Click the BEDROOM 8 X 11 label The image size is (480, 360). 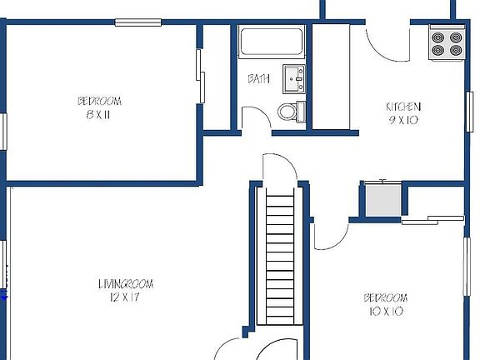pos(99,107)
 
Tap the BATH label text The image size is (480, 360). pos(258,78)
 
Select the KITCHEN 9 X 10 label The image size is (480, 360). pos(402,112)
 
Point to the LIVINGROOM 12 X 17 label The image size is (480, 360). pos(125,290)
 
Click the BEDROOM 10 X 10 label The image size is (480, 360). pos(384,304)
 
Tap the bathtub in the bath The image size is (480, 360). pos(271,42)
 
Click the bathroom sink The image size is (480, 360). pos(293,78)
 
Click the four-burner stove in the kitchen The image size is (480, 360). pos(447,43)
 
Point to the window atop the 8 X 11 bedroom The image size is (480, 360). pos(138,22)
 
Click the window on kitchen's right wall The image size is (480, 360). pos(469,111)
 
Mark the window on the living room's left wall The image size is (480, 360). pos(4,265)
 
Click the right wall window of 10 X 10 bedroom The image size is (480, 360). pos(467,267)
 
